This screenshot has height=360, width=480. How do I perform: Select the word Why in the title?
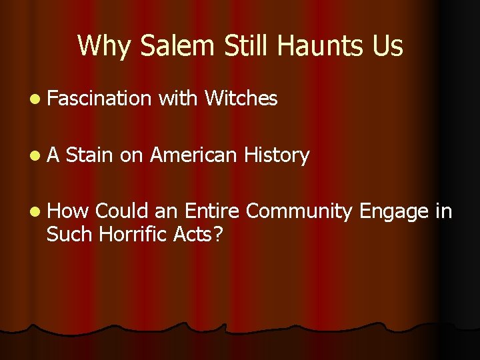click(x=100, y=46)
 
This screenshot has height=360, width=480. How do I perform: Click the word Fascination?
click(x=100, y=99)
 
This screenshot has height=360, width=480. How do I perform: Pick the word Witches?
click(x=241, y=99)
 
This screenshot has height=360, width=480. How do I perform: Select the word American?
click(x=193, y=155)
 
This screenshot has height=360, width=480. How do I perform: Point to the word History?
click(x=276, y=155)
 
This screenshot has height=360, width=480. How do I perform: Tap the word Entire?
click(x=212, y=211)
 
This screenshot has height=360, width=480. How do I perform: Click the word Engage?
click(x=393, y=211)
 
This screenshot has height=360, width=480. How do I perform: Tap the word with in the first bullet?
click(x=179, y=99)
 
